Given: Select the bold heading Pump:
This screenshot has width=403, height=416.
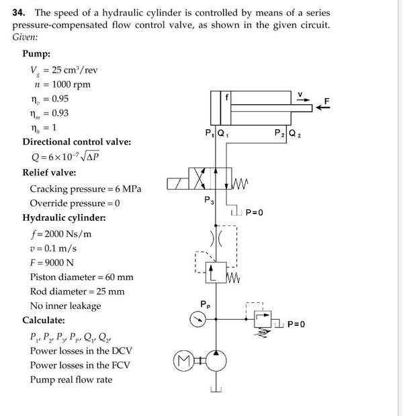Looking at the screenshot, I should click(x=39, y=54).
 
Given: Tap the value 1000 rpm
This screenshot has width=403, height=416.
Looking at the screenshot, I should click(x=71, y=84).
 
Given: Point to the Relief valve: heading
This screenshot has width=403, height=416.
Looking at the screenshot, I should click(x=52, y=172).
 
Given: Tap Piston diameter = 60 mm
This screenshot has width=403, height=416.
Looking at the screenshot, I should click(x=81, y=277).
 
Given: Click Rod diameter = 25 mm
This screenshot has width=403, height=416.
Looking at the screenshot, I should click(x=77, y=291).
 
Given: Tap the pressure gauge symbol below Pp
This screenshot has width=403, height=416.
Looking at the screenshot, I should click(x=196, y=320).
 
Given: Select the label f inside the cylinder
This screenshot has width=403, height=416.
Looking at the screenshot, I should click(x=226, y=98).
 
